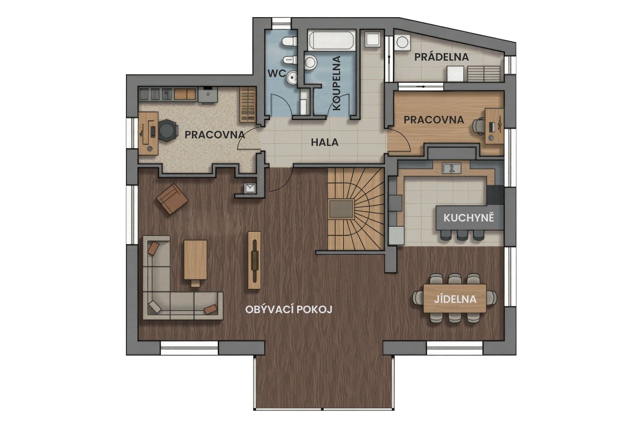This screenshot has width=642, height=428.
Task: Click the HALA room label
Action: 324,142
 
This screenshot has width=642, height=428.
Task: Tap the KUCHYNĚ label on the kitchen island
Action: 469,218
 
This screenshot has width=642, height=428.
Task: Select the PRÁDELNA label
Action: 441,57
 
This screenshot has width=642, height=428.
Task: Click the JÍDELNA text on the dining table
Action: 455,299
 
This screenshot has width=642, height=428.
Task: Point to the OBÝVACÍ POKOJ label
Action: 289,309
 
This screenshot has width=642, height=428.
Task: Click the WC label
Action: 276,73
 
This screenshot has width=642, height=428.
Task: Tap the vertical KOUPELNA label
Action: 337,83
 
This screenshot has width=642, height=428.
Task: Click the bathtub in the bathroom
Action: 332,41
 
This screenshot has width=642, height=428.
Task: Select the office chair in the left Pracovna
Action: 168,130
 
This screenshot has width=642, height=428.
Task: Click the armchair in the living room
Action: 172,199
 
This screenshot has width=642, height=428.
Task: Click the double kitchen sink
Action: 451,167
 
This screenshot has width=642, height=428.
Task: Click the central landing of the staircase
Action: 341,209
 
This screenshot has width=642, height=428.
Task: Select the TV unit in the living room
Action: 255,260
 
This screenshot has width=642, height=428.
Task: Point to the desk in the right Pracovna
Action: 494,126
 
